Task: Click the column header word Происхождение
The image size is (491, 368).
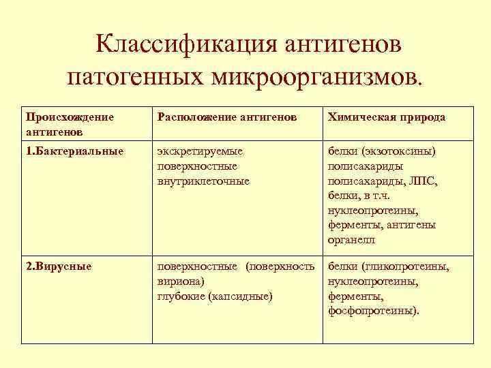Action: coord(66,117)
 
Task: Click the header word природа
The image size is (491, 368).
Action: coord(422,117)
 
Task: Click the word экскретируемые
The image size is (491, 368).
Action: coord(200,151)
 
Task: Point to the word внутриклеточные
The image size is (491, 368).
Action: coord(203,181)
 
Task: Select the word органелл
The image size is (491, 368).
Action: coord(351,241)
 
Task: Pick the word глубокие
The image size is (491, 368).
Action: coord(181,296)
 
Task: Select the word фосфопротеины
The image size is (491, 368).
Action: coord(374,311)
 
